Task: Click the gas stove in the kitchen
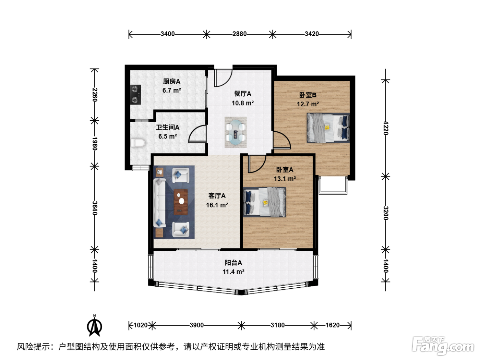point(135,95)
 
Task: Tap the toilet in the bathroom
point(138,143)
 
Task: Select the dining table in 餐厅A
point(236,132)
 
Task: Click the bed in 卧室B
point(328,128)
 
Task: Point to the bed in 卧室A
point(264,202)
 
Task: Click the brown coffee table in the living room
point(181,202)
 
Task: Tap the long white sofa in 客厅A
point(160,203)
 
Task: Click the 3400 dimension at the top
point(168,34)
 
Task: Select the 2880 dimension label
point(239,34)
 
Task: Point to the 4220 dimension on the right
point(386,128)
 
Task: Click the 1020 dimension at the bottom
point(140,325)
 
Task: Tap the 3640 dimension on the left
point(95,208)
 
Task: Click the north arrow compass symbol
point(95,325)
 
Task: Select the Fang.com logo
point(443,346)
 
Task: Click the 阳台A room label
point(233,263)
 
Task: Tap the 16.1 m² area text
point(217,205)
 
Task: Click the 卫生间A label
point(168,127)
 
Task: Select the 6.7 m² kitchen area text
point(172,90)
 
